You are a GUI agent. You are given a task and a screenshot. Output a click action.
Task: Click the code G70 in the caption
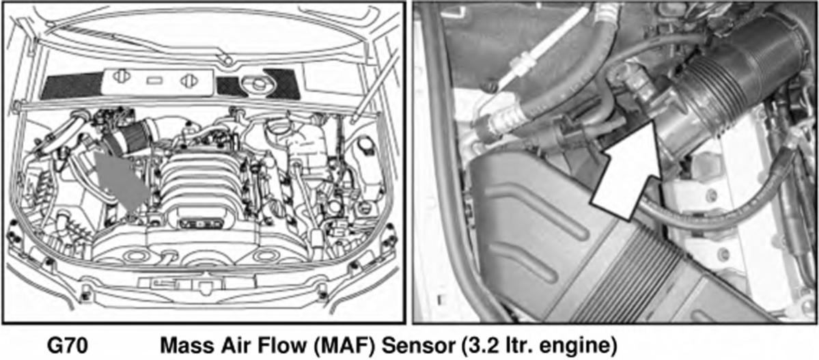[x=68, y=346]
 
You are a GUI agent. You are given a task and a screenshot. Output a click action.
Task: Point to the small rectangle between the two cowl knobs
[x=154, y=81]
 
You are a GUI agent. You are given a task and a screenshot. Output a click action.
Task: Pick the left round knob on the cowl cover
[x=121, y=77]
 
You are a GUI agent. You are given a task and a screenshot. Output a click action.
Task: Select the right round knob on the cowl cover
[x=189, y=81]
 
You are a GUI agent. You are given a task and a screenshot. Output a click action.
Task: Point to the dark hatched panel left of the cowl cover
[x=72, y=85]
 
